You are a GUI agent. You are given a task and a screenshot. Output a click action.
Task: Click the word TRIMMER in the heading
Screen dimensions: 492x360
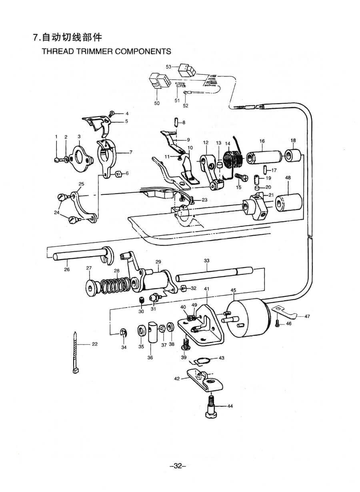coord(95,52)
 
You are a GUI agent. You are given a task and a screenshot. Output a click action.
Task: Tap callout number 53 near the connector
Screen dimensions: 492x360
coord(168,66)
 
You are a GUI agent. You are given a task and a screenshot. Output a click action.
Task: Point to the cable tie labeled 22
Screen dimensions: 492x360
coord(75,352)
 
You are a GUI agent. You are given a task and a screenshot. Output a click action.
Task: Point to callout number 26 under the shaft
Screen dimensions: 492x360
coord(67,270)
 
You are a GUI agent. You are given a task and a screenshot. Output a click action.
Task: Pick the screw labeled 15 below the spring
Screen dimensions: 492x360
coord(240,176)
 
